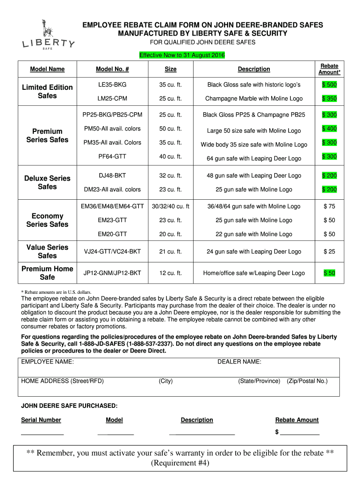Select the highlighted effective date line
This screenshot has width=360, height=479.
tap(182, 55)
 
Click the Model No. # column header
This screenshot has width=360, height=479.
tap(112, 69)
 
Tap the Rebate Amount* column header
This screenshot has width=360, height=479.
tap(329, 69)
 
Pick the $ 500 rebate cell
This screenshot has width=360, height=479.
tap(329, 85)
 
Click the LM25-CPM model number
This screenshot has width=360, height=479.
tap(112, 99)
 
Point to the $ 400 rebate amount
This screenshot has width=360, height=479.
tap(329, 129)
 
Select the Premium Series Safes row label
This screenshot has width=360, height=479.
tap(47, 136)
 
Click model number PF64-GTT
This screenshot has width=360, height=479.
tap(112, 157)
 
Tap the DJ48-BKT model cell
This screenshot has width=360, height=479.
tap(112, 176)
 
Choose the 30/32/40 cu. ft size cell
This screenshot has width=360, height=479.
tap(171, 206)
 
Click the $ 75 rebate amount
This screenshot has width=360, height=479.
tap(329, 206)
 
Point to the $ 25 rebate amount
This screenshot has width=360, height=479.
tap(329, 252)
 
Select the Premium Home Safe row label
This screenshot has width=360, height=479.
tap(47, 273)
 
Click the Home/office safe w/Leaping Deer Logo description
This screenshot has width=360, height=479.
tap(254, 273)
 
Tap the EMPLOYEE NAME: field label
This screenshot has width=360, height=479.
tap(47, 362)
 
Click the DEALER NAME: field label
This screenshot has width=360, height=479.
tap(239, 362)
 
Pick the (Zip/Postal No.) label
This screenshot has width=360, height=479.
tap(307, 381)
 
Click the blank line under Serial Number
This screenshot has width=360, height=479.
tap(42, 435)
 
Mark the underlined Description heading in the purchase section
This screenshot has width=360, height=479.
tap(197, 420)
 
